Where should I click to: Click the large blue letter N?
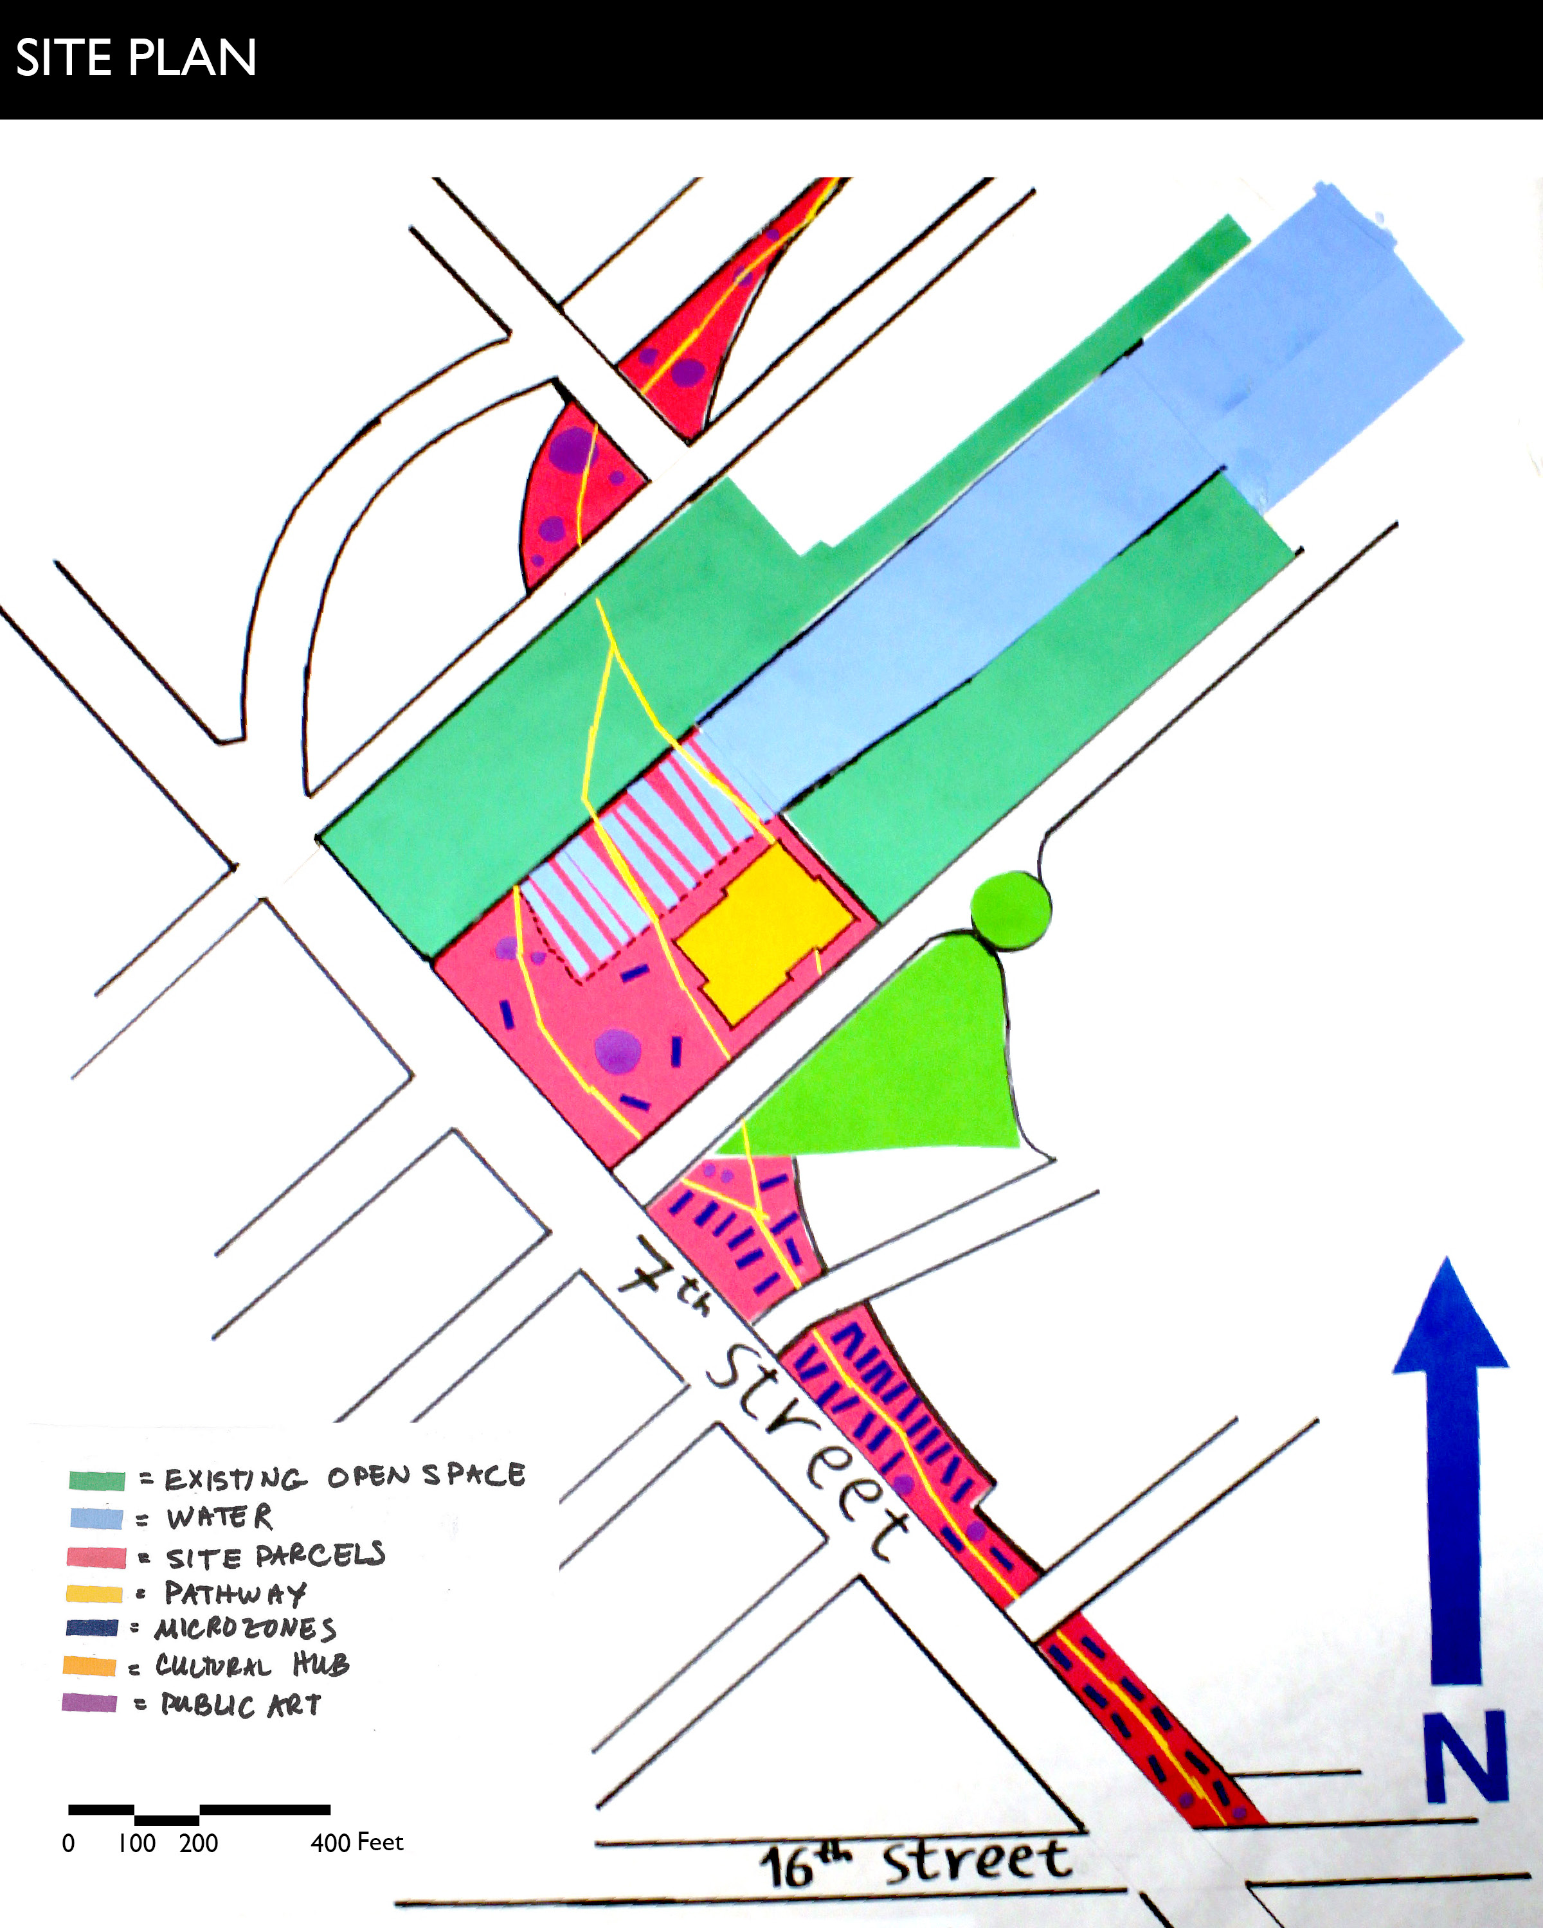click(x=1466, y=1756)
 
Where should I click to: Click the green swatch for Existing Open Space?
click(x=96, y=1480)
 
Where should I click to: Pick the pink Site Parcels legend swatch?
click(x=96, y=1557)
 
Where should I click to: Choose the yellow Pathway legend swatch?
click(x=94, y=1594)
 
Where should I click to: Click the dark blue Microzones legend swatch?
click(x=92, y=1627)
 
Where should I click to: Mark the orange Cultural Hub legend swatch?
click(x=89, y=1666)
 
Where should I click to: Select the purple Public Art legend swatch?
click(x=89, y=1702)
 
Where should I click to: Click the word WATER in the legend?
click(x=219, y=1517)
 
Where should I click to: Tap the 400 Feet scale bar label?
click(x=357, y=1842)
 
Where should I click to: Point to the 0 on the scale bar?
click(x=68, y=1843)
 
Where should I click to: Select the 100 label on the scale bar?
click(x=137, y=1843)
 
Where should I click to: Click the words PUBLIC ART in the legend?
click(x=240, y=1704)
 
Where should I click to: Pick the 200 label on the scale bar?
click(x=199, y=1843)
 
